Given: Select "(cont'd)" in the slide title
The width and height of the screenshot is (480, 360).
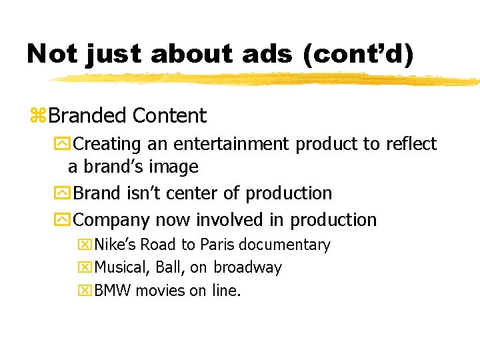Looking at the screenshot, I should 357,54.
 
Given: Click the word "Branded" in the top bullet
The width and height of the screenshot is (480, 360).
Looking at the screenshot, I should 88,116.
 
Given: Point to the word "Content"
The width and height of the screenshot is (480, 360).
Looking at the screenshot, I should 169,116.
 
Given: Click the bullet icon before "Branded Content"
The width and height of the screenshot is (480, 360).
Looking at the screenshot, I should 38,117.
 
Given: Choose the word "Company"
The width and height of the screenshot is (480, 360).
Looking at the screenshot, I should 112,220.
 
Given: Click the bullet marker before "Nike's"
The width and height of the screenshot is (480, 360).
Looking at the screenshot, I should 85,245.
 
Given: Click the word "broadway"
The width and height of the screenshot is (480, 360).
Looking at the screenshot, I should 247,267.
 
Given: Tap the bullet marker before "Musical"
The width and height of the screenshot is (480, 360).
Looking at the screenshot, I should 85,268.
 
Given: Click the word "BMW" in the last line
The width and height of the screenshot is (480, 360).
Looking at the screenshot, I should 113,290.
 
